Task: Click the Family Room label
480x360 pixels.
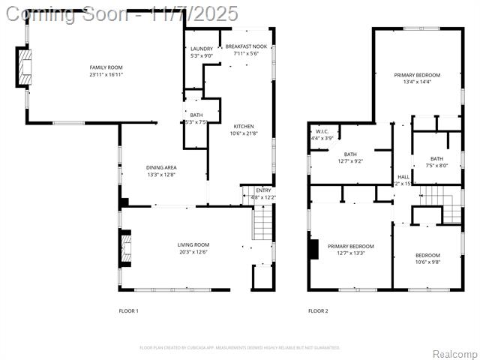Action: (106, 67)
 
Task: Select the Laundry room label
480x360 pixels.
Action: (201, 49)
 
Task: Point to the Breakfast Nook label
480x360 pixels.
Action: (246, 46)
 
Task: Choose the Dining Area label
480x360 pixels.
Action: (161, 167)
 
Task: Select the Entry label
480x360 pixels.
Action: (263, 190)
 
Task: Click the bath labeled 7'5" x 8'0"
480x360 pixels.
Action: (436, 158)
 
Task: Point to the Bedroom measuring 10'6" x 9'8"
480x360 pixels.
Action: (427, 255)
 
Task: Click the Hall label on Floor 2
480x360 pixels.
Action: (403, 177)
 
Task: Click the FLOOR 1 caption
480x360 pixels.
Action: (129, 310)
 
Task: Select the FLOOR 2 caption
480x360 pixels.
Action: (318, 310)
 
